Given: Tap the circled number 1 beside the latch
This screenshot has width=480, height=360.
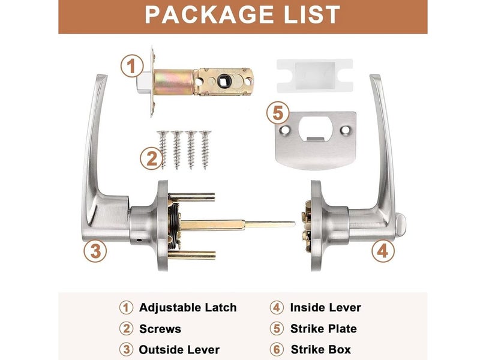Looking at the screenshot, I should tap(131, 65).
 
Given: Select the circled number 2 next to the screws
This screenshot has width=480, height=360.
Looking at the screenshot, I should tap(151, 159).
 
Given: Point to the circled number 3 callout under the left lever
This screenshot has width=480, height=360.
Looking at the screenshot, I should tap(95, 250).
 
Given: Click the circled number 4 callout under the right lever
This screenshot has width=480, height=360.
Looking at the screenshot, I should tap(383, 250).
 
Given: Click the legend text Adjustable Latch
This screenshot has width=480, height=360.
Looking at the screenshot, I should tap(188, 308).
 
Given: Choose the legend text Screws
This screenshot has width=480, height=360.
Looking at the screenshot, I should tap(160, 329).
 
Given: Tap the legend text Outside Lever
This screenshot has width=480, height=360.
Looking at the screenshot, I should tap(179, 349).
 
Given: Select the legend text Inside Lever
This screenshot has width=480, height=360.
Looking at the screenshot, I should tap(325, 308).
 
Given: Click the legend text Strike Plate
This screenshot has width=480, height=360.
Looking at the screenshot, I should tap(323, 329).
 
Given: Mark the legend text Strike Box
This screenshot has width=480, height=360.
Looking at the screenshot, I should tap(320, 349).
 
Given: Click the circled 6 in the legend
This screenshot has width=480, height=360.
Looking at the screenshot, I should tap(276, 349).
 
